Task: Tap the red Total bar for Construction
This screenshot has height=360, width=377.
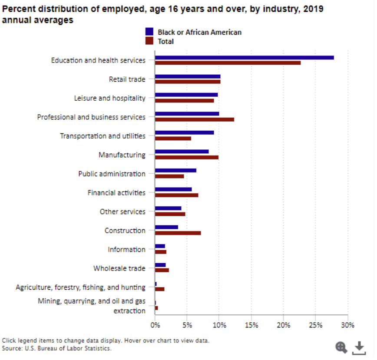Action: [x=178, y=233]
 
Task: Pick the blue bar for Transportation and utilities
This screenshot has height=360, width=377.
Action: [x=184, y=132]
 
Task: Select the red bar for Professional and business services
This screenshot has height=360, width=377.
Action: [x=194, y=119]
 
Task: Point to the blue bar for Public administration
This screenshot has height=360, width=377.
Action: [x=175, y=170]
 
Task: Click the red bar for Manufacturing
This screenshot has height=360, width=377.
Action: [x=187, y=157]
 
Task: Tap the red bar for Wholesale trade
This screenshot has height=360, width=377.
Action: [x=162, y=270]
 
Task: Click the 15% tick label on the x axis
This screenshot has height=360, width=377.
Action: [x=251, y=325]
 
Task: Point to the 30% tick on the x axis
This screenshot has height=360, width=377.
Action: [x=348, y=325]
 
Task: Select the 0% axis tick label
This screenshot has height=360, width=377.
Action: [x=155, y=325]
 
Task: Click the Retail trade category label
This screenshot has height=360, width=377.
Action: [x=127, y=79]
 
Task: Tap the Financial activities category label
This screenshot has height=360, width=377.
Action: [x=116, y=192]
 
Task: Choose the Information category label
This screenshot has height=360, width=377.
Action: [x=126, y=249]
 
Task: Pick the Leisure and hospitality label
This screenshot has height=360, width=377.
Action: [x=109, y=98]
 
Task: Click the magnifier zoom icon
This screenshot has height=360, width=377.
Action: [x=341, y=347]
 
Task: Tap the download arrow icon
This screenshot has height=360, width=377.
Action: [x=359, y=347]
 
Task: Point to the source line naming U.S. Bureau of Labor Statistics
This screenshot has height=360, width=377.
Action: [x=56, y=348]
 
